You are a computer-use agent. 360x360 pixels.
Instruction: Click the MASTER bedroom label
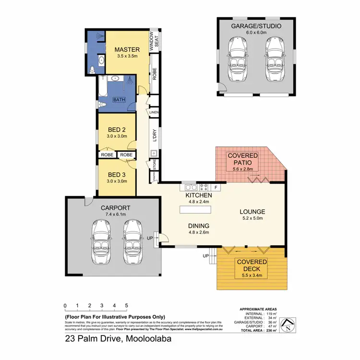(127, 49)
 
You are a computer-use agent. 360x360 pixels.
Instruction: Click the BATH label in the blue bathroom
(119, 100)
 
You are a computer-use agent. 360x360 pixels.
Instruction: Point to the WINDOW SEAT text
(153, 43)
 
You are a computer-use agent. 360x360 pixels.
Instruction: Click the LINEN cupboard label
(154, 113)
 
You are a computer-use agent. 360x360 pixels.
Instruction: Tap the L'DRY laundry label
(155, 136)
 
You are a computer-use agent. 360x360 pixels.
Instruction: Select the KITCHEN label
(199, 196)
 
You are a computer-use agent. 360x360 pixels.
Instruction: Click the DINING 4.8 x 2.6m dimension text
(199, 232)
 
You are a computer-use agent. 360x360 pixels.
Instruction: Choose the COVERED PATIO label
(242, 159)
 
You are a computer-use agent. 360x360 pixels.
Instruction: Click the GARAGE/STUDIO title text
(255, 26)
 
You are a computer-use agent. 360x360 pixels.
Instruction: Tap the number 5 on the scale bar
(126, 305)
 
